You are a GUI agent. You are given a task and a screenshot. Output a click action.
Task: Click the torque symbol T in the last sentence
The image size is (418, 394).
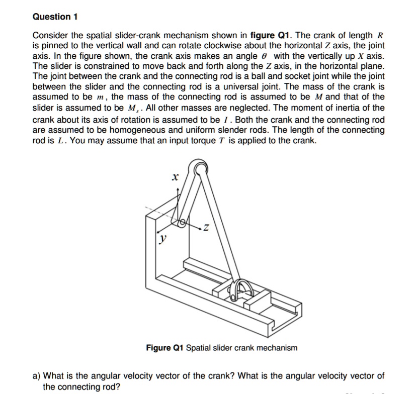tap(246, 140)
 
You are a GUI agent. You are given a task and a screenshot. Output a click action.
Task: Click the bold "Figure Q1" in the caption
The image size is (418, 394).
tap(165, 348)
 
